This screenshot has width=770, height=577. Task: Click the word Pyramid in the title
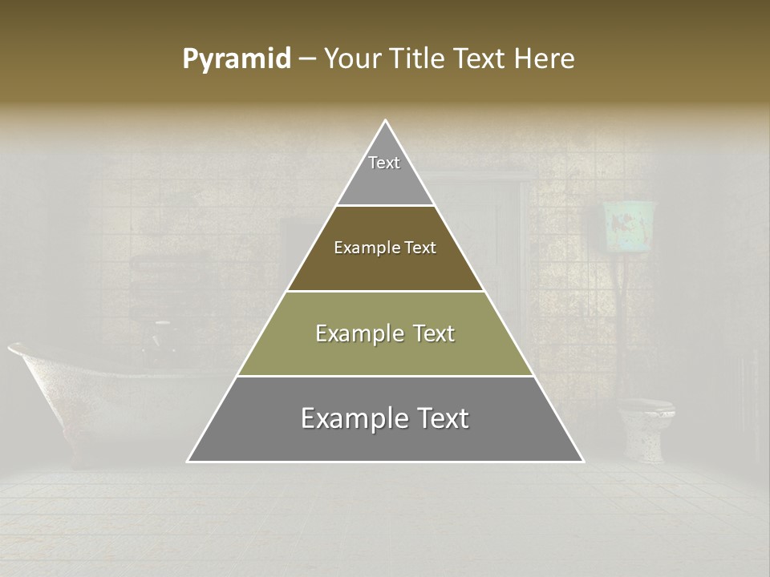point(237,59)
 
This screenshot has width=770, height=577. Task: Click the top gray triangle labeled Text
point(385,172)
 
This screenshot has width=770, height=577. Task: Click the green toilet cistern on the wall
point(630,228)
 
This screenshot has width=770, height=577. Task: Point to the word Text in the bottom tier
point(442,418)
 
